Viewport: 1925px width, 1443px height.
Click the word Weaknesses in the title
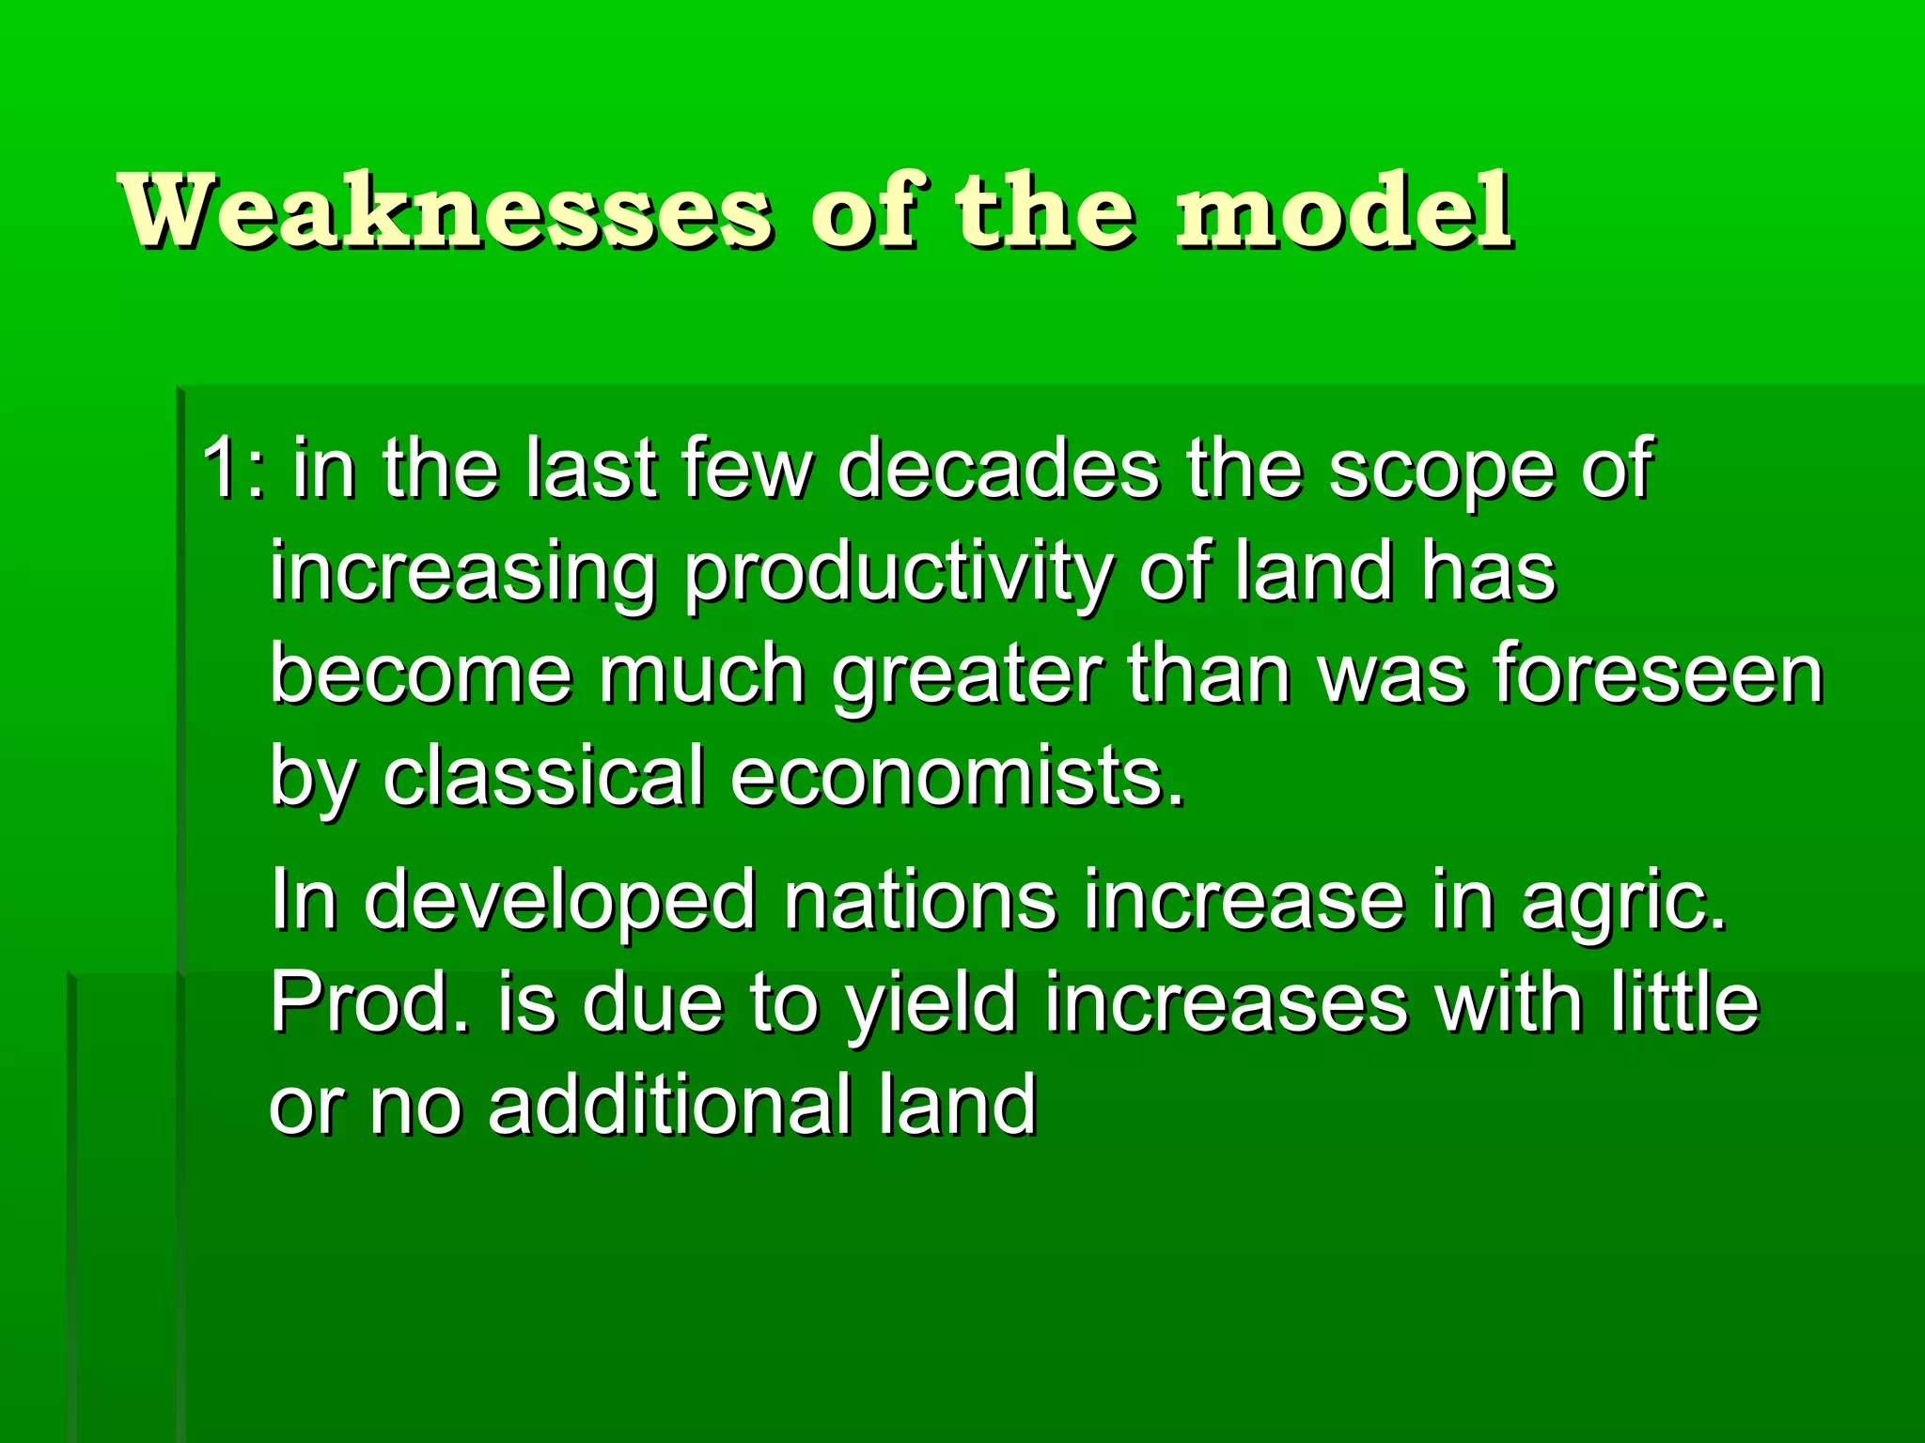point(446,211)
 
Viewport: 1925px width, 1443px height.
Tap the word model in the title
point(1344,211)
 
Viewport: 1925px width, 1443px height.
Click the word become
point(421,674)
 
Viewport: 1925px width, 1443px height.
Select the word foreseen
point(1658,674)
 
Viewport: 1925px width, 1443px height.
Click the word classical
point(543,777)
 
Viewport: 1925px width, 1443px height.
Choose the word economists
point(957,777)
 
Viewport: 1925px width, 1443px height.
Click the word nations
point(920,900)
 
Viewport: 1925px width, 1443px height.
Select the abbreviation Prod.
point(369,1002)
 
